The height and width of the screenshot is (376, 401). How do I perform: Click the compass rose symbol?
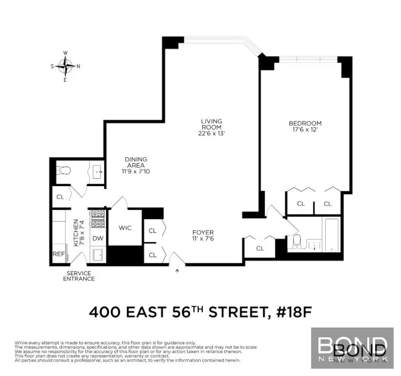[x=65, y=66]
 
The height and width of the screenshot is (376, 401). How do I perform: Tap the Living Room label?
[x=211, y=124]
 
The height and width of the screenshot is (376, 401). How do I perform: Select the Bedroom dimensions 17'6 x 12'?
[x=305, y=130]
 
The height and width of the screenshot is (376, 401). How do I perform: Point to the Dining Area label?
[x=136, y=162]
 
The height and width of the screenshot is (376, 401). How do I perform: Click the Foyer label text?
[x=203, y=233]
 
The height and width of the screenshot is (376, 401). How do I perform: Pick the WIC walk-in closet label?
[x=125, y=228]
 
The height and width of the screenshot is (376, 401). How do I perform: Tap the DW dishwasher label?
[x=98, y=238]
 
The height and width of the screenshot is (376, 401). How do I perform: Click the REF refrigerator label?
[x=59, y=254]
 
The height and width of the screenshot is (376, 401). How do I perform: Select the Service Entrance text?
[x=79, y=276]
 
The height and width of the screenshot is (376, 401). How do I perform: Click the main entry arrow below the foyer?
[x=177, y=269]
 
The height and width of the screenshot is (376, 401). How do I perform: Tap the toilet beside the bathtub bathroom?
[x=296, y=241]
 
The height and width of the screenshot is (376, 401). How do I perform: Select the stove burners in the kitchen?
[x=98, y=218]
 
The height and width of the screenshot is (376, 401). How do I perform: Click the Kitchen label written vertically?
[x=76, y=233]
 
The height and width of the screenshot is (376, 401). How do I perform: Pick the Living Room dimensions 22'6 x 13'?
[x=211, y=133]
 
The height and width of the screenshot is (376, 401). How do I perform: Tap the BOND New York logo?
[x=352, y=348]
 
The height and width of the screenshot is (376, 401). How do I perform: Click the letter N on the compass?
[x=78, y=66]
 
